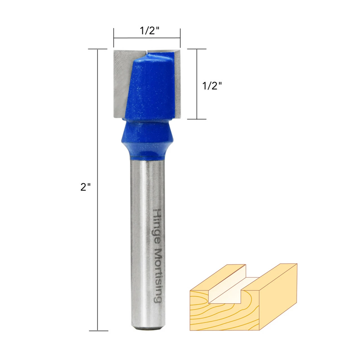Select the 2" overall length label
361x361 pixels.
coord(85,187)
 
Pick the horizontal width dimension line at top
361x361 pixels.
coord(147,38)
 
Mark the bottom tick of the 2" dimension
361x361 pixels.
coord(98,331)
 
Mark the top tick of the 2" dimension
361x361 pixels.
coord(98,49)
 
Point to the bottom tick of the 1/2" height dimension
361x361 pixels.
coord(197,119)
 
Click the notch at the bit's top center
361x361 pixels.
coord(148,52)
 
